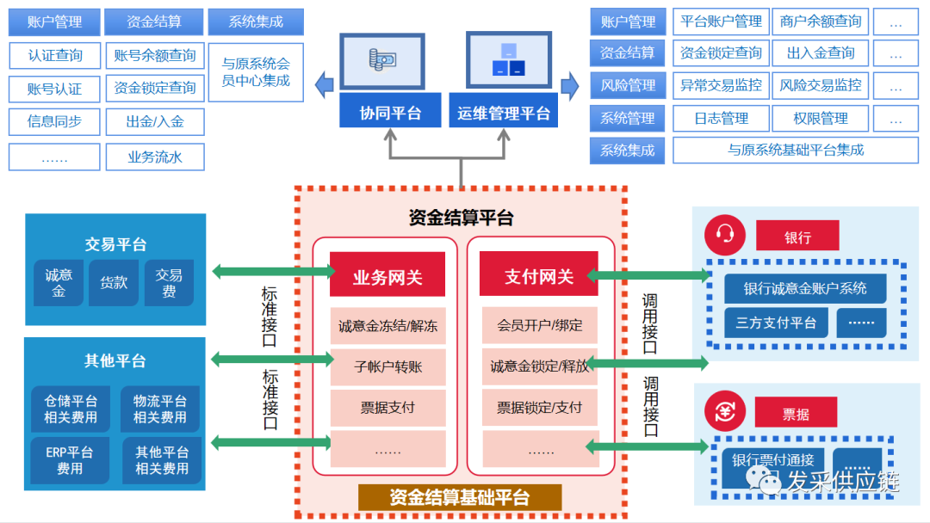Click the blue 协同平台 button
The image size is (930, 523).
tap(389, 112)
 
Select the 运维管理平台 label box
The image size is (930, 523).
tap(504, 112)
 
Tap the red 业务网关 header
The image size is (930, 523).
tap(387, 276)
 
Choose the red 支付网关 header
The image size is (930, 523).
tap(538, 276)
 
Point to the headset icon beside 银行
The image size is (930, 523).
tap(724, 235)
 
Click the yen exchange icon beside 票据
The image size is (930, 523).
tap(724, 412)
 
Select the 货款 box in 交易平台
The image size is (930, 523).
tap(114, 282)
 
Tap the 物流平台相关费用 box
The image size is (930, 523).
tap(160, 409)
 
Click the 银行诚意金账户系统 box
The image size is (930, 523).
tap(804, 288)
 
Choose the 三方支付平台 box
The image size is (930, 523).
tap(775, 323)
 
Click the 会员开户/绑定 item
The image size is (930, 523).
tap(539, 326)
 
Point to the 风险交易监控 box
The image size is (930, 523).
tap(820, 85)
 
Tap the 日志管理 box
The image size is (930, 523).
tap(721, 118)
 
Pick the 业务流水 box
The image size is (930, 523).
tap(155, 157)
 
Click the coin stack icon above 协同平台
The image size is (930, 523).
tap(381, 60)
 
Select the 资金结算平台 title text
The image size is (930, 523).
tap(461, 218)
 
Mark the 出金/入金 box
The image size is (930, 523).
tap(155, 121)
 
